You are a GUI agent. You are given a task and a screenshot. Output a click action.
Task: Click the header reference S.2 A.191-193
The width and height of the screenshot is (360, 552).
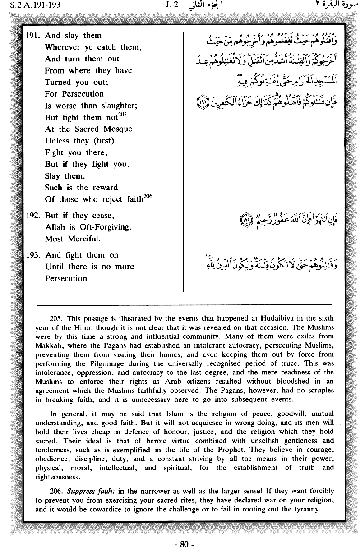[x=31, y=5]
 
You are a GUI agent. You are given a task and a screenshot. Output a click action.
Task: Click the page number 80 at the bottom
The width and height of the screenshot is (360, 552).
[x=184, y=544]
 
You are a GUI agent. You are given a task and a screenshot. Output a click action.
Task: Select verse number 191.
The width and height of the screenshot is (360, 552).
[x=32, y=35]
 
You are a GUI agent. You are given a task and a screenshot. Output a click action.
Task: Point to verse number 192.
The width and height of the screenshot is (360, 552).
[x=32, y=215]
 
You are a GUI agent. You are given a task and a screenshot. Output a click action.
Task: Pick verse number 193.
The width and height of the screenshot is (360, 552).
[x=32, y=255]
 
